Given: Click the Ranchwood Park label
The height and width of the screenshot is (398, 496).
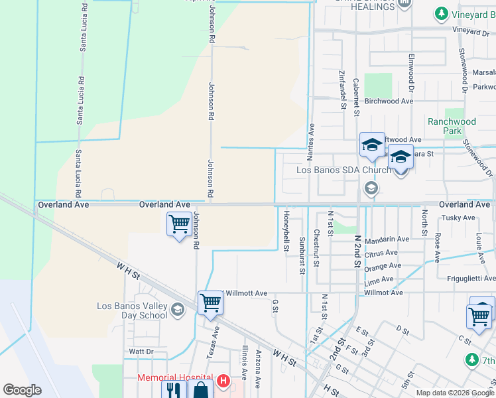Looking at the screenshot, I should click(x=452, y=126).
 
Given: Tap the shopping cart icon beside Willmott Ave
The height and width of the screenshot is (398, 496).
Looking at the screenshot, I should click(x=210, y=302).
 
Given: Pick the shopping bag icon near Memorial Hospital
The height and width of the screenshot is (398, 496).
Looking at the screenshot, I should click(x=200, y=391).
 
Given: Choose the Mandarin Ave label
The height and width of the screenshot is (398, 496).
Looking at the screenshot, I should click(x=387, y=239).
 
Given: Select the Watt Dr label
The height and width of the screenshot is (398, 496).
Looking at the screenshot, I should click(x=141, y=351).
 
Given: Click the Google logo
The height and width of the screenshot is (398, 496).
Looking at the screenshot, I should click(x=22, y=390).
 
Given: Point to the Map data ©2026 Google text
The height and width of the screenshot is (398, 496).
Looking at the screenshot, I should click(x=454, y=393).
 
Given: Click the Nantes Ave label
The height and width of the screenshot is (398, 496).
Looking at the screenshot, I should click(x=311, y=141).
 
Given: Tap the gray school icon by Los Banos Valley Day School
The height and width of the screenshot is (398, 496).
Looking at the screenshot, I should click(x=177, y=309).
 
